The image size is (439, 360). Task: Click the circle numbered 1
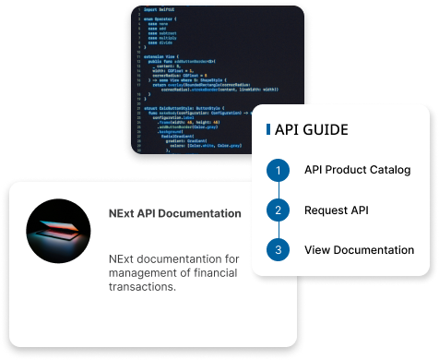[276, 171]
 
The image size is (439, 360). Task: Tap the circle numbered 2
[276, 210]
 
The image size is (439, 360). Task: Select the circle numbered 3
[276, 250]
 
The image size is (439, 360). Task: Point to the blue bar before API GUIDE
[267, 129]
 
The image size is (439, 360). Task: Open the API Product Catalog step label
[357, 171]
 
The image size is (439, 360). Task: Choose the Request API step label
[336, 210]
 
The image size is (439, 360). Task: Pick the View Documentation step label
[359, 250]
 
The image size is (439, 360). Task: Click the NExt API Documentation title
[174, 213]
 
